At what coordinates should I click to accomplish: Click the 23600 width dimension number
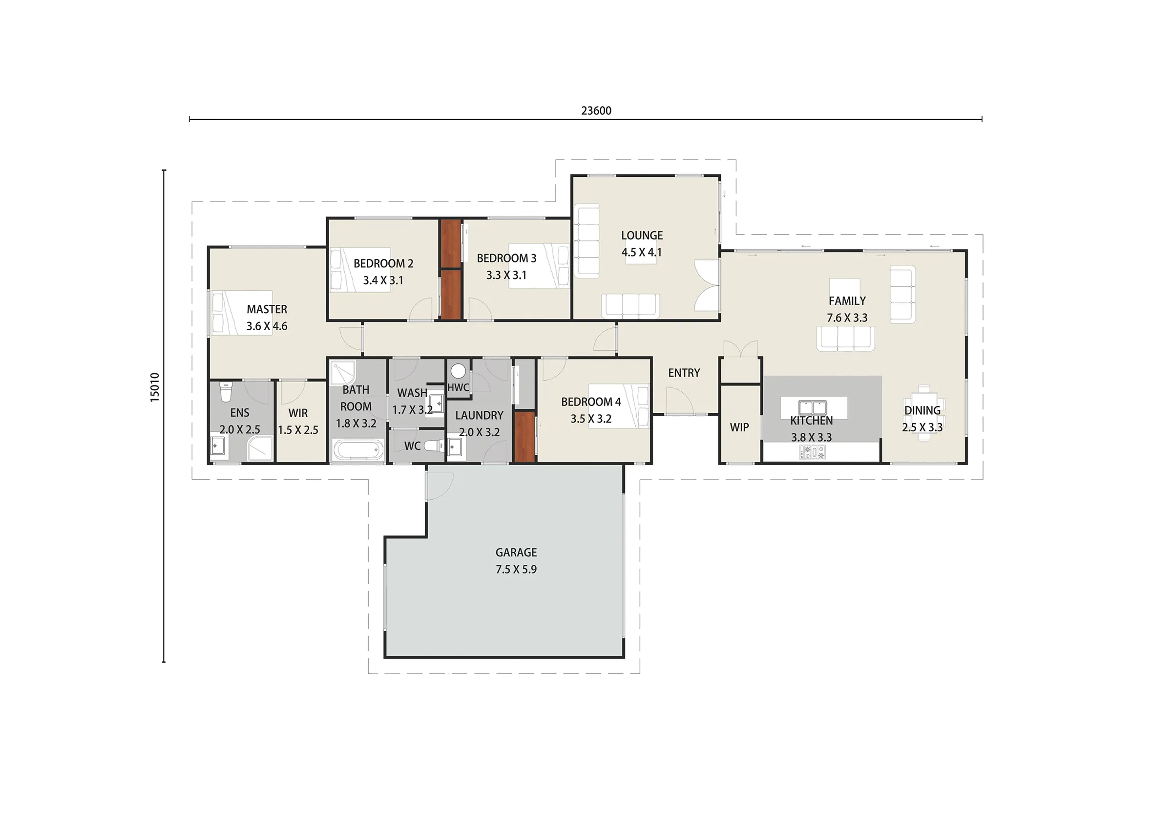click(x=596, y=110)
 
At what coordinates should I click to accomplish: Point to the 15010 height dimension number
click(x=155, y=387)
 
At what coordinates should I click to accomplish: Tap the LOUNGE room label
click(x=642, y=235)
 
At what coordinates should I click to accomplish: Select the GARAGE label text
click(x=516, y=552)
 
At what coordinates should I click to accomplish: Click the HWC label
click(x=458, y=387)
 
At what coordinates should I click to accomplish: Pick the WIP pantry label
click(x=739, y=427)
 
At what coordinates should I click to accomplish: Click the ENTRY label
click(x=684, y=373)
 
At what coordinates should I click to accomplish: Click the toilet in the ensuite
click(x=225, y=391)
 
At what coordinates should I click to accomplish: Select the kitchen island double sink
click(x=812, y=407)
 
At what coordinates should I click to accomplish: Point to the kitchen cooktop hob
click(x=812, y=452)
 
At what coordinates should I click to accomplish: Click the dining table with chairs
click(x=924, y=413)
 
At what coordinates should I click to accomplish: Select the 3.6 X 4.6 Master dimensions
click(x=267, y=326)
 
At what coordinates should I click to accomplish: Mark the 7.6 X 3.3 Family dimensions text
click(x=847, y=317)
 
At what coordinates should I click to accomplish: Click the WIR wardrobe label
click(x=298, y=413)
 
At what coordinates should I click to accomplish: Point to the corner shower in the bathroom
click(x=343, y=373)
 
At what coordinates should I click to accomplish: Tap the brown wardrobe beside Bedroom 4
click(x=524, y=437)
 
